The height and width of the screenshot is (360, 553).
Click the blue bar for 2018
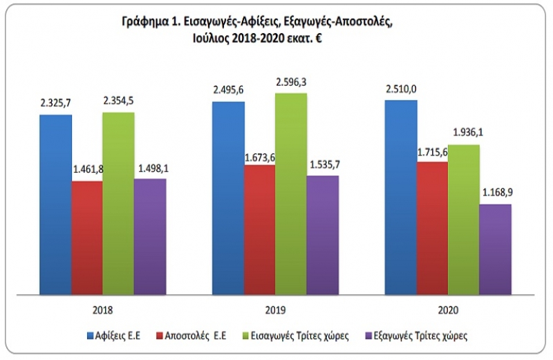[56, 204]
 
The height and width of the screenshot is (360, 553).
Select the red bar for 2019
[259, 228]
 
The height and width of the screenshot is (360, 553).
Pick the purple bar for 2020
[495, 248]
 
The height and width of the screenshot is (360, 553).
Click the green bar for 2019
[290, 193]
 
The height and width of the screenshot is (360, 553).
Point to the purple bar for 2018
[150, 236]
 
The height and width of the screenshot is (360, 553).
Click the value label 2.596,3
[290, 83]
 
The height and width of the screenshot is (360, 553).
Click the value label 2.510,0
[401, 89]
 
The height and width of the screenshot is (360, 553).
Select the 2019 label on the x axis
[275, 310]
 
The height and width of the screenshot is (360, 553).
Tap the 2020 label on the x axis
[447, 310]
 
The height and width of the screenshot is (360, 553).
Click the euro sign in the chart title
[320, 39]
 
